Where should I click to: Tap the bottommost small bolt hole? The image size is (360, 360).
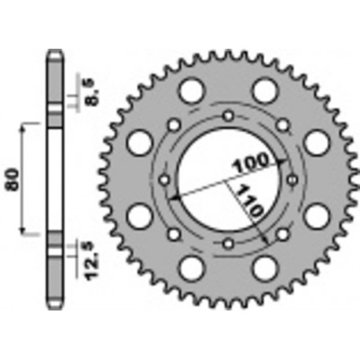tap(227, 243)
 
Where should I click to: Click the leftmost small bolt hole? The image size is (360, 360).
tap(164, 180)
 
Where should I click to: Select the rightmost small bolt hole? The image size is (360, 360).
tap(291, 180)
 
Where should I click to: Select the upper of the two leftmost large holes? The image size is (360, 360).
tap(139, 142)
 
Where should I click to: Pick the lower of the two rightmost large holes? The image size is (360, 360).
tap(315, 216)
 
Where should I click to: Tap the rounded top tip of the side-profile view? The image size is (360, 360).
tap(54, 53)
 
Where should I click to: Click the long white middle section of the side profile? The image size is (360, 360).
tap(54, 180)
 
